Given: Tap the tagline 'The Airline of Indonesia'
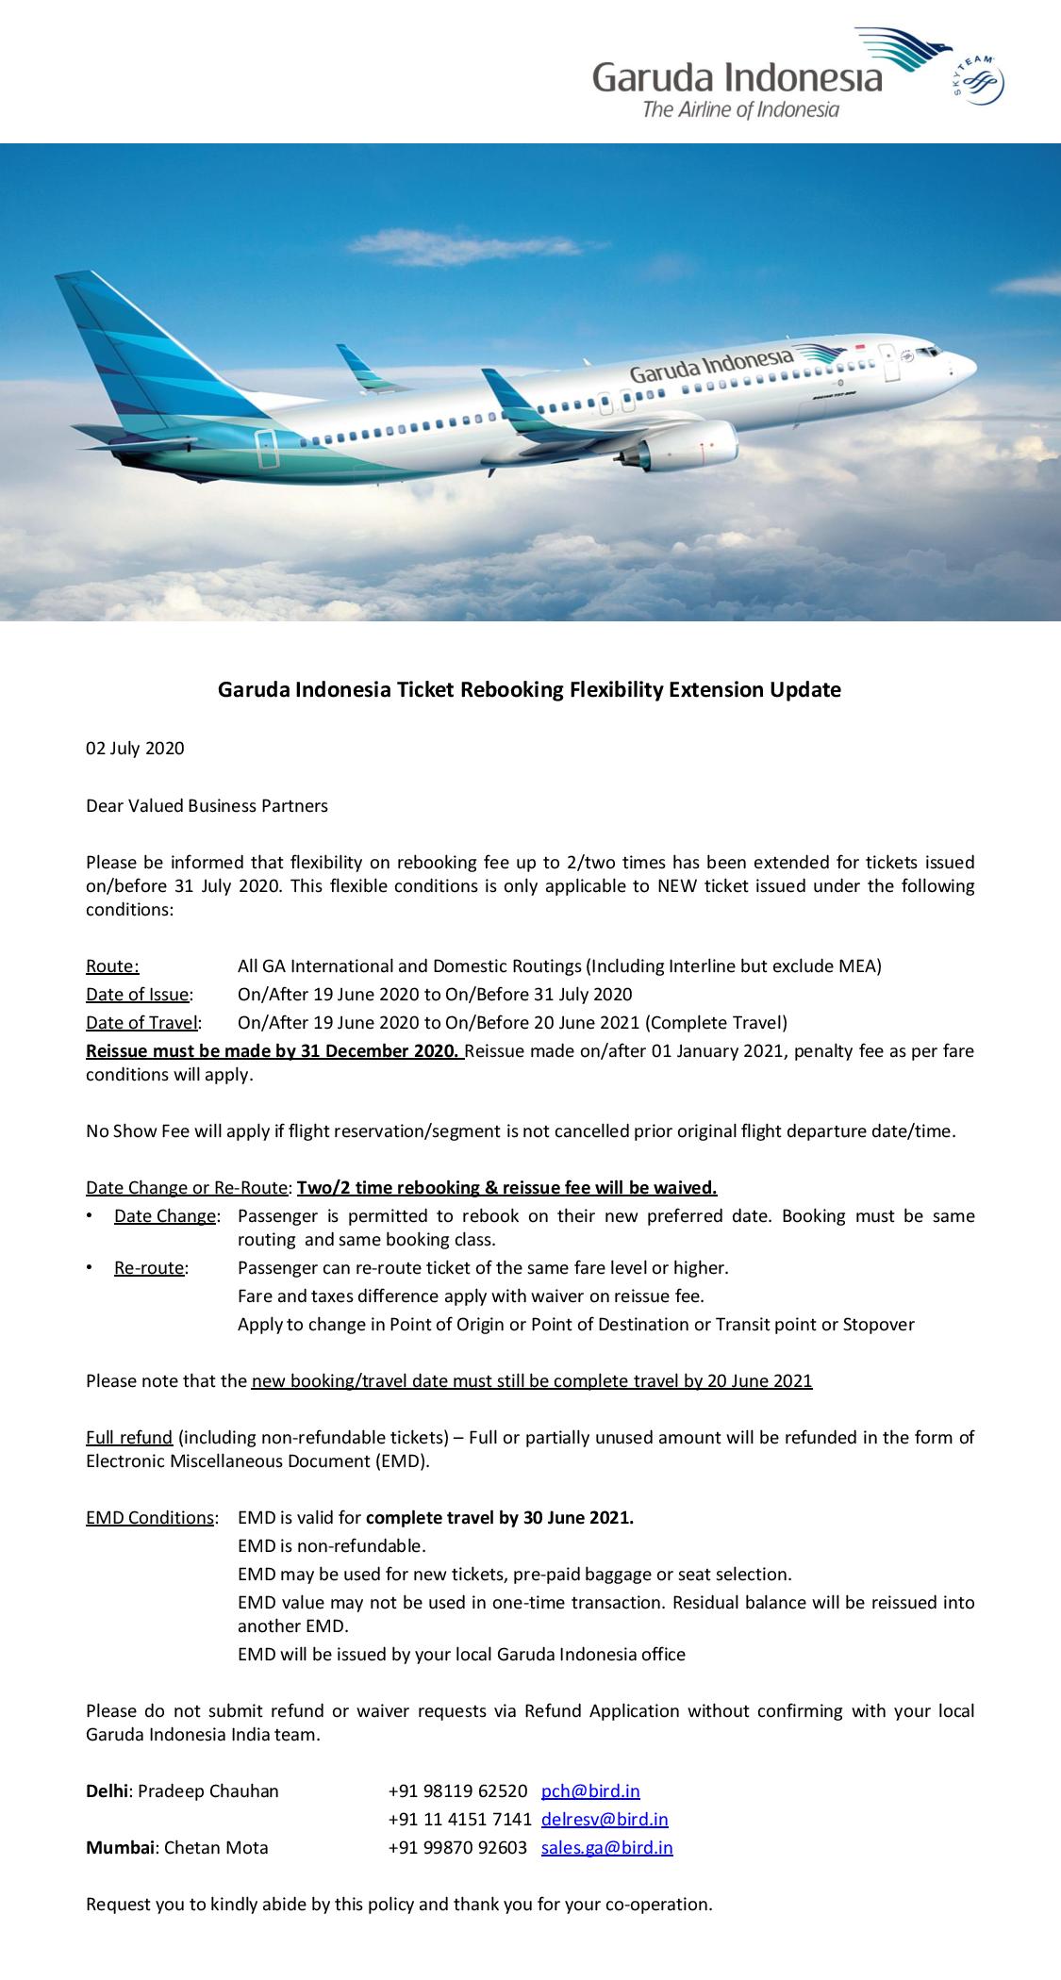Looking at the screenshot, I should tap(740, 110).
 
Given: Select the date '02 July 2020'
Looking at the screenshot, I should tap(135, 749).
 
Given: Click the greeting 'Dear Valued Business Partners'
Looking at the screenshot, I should tap(207, 805).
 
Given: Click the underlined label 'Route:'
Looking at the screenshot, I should tap(112, 965).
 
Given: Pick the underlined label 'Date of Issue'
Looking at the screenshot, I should tap(138, 994).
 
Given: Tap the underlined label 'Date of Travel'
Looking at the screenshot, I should tap(142, 1022).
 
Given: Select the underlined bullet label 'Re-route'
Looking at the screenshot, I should tap(149, 1267).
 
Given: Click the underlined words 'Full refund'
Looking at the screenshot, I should tap(129, 1437).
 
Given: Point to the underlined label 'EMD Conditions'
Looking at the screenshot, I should tap(150, 1517).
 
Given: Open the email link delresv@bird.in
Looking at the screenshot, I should tap(605, 1819).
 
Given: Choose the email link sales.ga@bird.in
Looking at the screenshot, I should tap(606, 1847).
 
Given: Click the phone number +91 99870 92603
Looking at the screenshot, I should tap(457, 1847).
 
